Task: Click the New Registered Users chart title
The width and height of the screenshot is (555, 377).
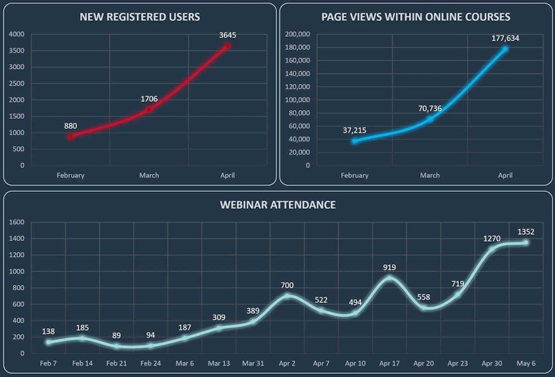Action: click(140, 16)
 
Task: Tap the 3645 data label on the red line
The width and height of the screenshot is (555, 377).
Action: click(228, 35)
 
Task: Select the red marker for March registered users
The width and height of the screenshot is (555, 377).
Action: click(149, 109)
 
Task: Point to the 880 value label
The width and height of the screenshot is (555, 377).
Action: click(71, 125)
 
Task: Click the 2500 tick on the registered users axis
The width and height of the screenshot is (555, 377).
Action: click(17, 83)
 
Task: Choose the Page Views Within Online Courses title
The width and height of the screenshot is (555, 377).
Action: click(416, 16)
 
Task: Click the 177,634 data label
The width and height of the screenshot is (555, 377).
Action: click(505, 38)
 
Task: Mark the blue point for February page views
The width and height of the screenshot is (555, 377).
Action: click(355, 141)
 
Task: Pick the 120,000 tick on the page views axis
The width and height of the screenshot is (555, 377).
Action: click(298, 87)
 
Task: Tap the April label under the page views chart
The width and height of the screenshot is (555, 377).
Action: click(505, 175)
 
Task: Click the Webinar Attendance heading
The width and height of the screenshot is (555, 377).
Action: click(277, 205)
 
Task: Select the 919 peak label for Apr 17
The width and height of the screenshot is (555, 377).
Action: click(389, 268)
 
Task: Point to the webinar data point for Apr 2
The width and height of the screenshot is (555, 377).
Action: click(288, 295)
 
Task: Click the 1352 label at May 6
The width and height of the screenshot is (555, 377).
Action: click(526, 232)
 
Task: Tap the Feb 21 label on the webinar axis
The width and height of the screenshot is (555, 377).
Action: click(117, 364)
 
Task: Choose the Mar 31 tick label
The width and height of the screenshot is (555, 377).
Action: click(253, 364)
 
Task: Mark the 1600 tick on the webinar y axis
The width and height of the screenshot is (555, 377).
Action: click(16, 222)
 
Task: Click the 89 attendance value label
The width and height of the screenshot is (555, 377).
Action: click(117, 336)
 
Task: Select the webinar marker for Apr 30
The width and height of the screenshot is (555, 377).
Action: click(492, 249)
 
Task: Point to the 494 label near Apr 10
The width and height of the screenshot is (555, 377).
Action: click(355, 302)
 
